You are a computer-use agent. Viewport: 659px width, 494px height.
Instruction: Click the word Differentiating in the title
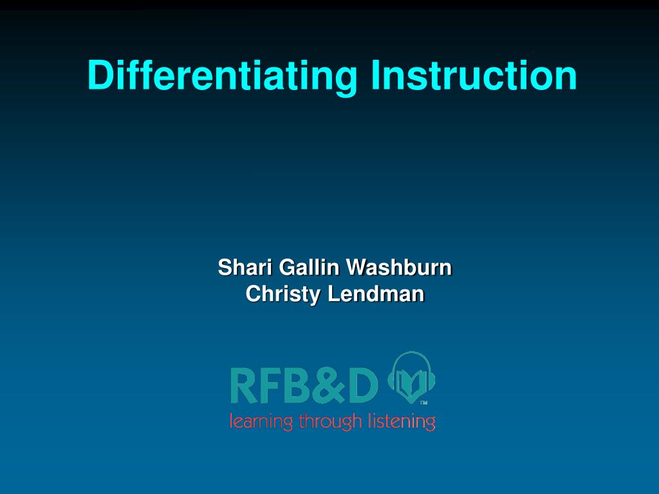click(222, 76)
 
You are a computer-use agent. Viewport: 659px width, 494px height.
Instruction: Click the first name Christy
click(283, 294)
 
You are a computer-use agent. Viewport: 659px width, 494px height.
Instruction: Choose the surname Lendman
click(376, 293)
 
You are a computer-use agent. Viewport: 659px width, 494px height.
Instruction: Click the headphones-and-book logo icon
click(411, 378)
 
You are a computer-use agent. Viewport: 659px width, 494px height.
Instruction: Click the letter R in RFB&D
click(244, 386)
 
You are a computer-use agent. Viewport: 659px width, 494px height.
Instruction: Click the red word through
click(330, 421)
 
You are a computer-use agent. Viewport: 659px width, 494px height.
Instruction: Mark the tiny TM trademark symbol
click(423, 403)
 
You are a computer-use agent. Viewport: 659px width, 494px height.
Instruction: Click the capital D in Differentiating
click(101, 75)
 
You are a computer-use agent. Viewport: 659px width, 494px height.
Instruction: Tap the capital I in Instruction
click(375, 75)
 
